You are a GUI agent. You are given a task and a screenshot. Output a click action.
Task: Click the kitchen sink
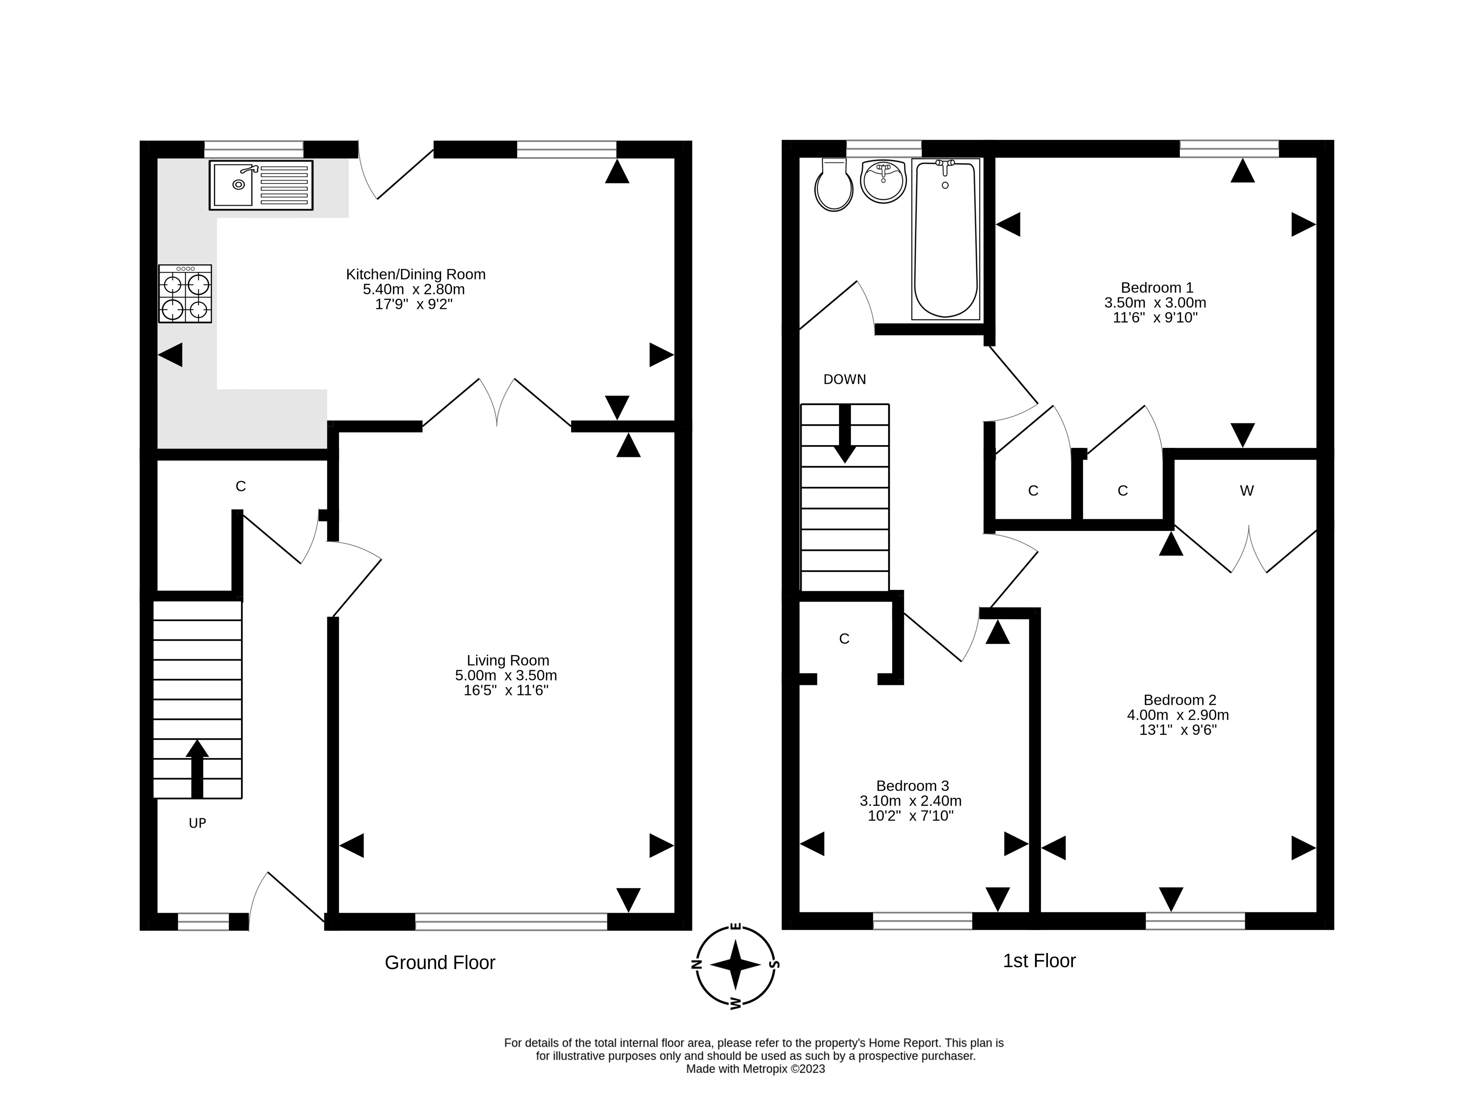[261, 185]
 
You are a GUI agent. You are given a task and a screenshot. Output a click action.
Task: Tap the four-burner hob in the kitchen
[185, 294]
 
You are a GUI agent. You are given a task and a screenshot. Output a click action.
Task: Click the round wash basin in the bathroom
[884, 181]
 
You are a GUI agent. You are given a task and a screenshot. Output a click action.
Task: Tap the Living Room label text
[508, 660]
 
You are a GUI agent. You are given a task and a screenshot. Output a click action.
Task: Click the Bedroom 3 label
[912, 786]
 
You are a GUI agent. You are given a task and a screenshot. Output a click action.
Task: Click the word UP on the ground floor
[197, 823]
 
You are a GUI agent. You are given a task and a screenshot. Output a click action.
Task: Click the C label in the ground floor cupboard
[241, 486]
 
